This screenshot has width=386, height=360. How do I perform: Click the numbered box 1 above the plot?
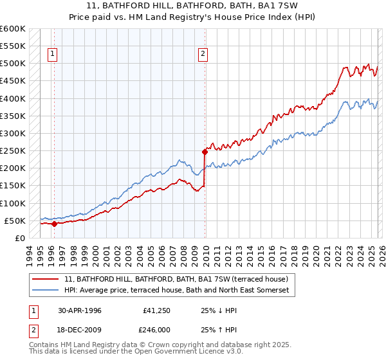pyautogui.click(x=52, y=55)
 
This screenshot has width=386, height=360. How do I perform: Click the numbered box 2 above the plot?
pyautogui.click(x=203, y=55)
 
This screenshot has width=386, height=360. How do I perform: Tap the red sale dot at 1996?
pyautogui.click(x=55, y=224)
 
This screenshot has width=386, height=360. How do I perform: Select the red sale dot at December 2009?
pyautogui.click(x=205, y=152)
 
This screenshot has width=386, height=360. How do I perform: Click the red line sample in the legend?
pyautogui.click(x=46, y=279)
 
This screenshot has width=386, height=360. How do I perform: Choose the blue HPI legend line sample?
pyautogui.click(x=46, y=291)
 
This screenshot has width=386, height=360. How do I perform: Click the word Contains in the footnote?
pyautogui.click(x=44, y=345)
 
